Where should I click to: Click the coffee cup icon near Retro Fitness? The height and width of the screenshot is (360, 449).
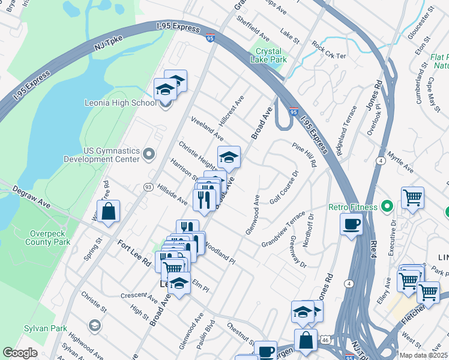tap(351, 224)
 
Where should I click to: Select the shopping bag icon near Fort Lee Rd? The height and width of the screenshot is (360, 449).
tap(108, 212)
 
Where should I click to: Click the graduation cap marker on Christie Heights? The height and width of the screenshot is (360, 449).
tap(229, 157)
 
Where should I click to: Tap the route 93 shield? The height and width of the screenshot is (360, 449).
tap(148, 187)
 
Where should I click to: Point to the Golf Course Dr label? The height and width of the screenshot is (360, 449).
tap(284, 188)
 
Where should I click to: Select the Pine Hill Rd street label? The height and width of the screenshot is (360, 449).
tap(305, 155)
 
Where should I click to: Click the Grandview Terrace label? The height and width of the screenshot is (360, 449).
tap(283, 233)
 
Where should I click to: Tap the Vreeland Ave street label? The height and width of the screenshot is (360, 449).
tap(207, 128)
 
